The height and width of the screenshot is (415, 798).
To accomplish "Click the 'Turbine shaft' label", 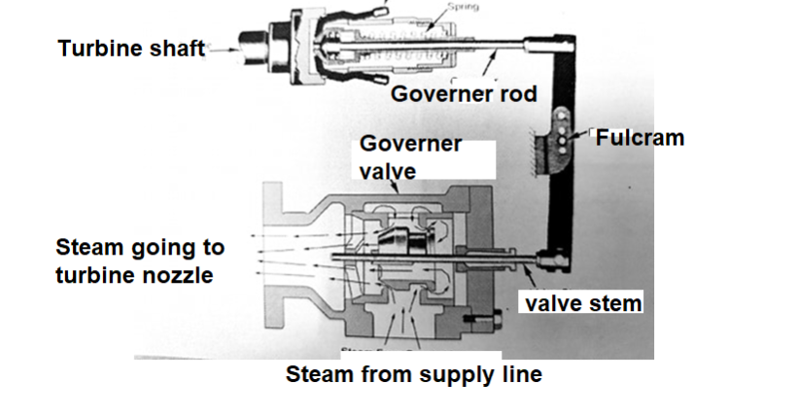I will [x=130, y=48].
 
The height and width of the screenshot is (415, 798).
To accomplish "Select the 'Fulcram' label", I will [x=640, y=138].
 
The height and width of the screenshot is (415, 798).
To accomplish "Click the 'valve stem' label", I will [x=583, y=303].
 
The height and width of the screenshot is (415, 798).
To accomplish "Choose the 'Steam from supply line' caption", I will [x=413, y=375].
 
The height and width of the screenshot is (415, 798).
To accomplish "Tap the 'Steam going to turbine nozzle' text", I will [x=135, y=260].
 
